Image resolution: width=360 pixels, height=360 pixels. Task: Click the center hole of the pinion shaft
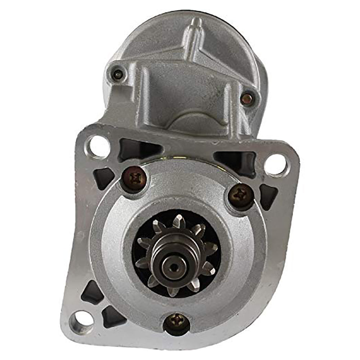pos(174,267)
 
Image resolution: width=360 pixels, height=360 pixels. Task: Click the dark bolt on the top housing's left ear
pos(117,75)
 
